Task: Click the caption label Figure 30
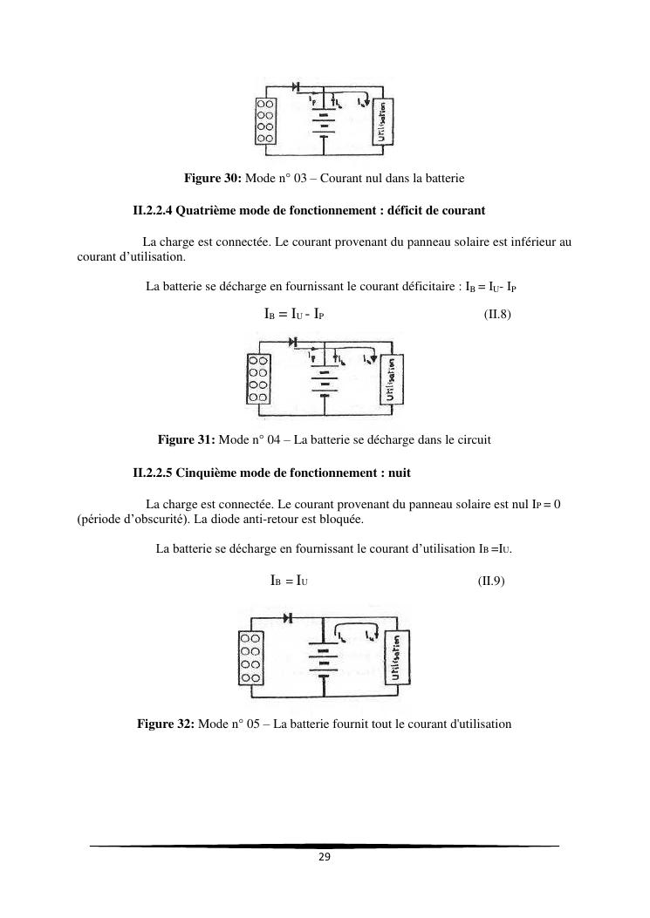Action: point(212,179)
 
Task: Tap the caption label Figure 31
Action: point(186,440)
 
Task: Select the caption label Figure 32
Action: point(166,724)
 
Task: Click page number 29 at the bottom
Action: point(324,858)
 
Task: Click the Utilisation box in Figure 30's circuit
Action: point(381,121)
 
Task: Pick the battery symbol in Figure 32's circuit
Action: point(323,660)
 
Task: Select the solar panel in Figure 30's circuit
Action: point(265,121)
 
